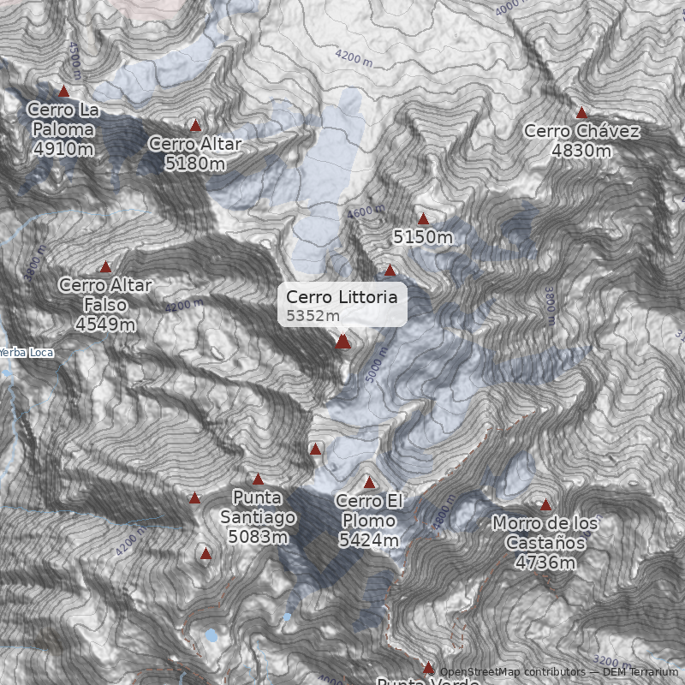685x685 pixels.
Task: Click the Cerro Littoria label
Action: (x=342, y=297)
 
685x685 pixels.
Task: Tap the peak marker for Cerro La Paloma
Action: (x=63, y=91)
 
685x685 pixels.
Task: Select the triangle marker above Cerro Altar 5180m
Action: (x=195, y=125)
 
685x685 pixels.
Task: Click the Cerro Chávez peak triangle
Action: (x=581, y=112)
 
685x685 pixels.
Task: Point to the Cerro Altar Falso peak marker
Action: (x=105, y=267)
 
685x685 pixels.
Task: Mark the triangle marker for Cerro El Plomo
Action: (x=369, y=482)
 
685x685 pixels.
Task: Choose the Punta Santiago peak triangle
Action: (x=258, y=479)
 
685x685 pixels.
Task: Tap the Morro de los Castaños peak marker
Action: (x=545, y=504)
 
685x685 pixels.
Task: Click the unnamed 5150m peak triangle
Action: (x=422, y=219)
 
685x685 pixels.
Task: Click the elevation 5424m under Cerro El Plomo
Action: (x=369, y=540)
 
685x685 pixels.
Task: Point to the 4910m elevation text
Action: (x=63, y=148)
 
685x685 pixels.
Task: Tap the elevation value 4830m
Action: (x=581, y=151)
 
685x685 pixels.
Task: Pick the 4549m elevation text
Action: (x=105, y=325)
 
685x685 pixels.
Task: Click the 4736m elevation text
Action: (x=545, y=562)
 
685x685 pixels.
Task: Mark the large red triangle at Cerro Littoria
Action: (x=343, y=342)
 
